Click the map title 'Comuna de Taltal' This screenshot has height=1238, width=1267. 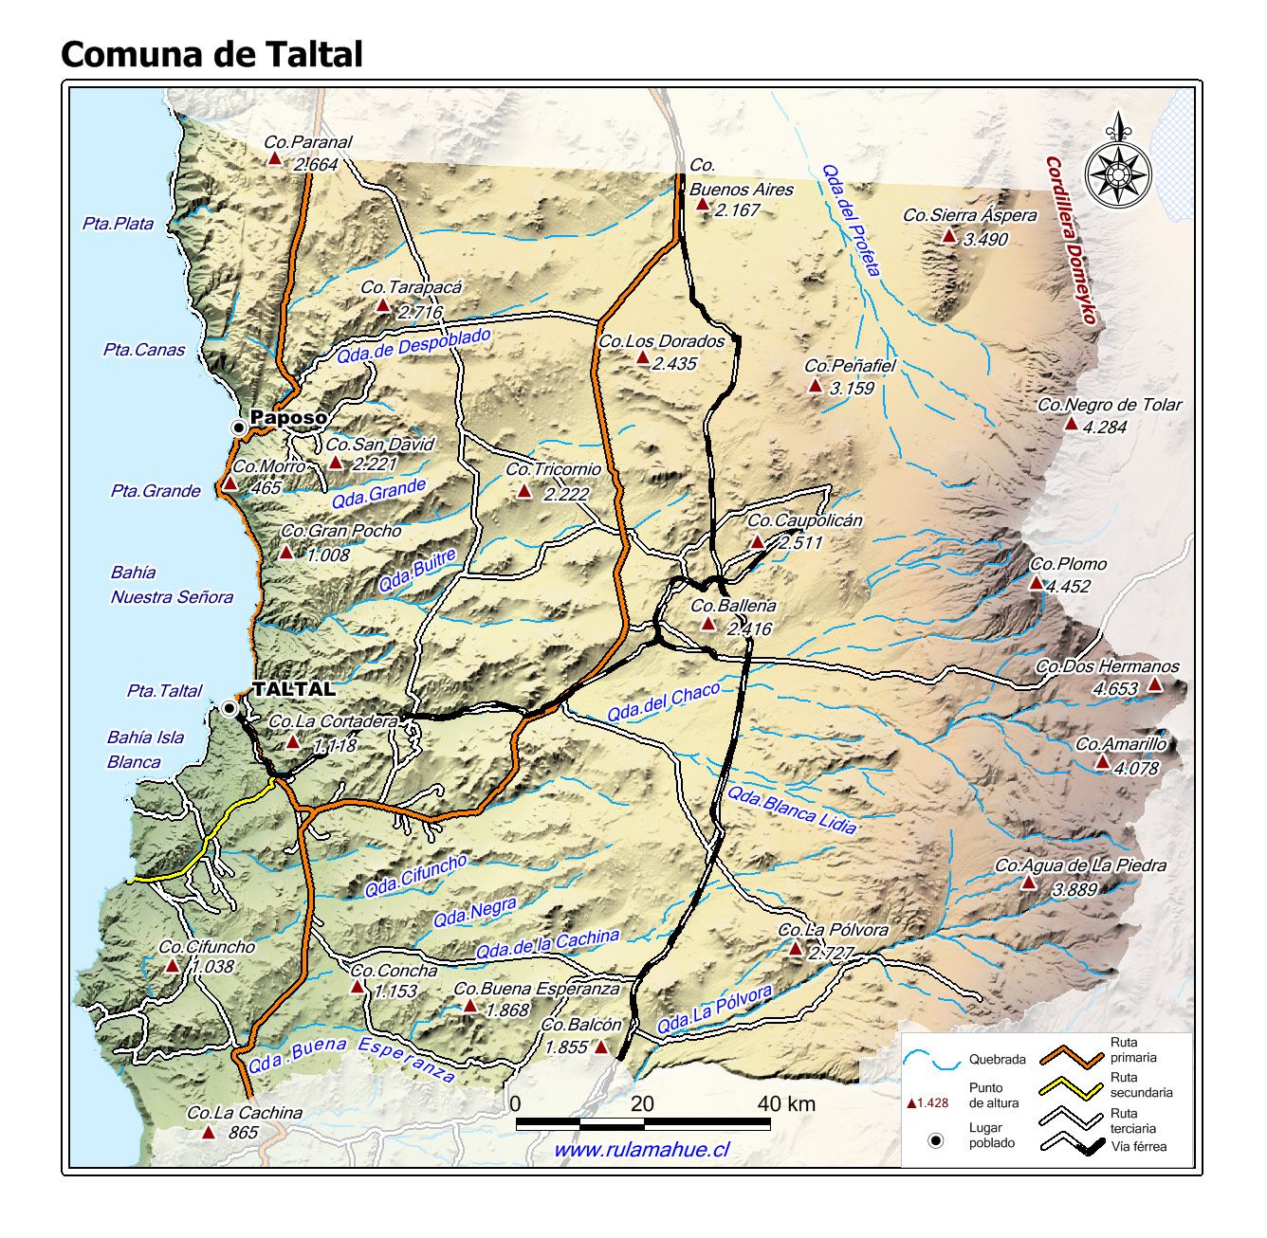tap(211, 54)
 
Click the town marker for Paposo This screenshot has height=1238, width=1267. tap(239, 428)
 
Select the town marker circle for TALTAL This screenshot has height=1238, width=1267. tap(230, 708)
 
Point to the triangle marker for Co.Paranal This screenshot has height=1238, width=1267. tap(275, 159)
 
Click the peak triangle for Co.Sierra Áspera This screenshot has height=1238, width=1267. tap(949, 235)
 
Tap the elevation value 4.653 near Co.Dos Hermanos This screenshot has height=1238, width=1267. tap(1115, 689)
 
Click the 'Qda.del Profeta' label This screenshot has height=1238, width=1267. tap(851, 220)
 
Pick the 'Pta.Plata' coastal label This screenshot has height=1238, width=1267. tap(118, 224)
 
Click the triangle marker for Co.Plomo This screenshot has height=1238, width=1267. tap(1037, 582)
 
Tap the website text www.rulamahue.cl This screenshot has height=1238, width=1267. tap(641, 1149)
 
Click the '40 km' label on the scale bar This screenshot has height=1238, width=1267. tap(786, 1103)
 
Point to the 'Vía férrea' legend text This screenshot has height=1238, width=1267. tap(1138, 1147)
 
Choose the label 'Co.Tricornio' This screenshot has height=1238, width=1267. tap(553, 469)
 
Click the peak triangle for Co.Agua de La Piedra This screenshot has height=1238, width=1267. tap(1028, 883)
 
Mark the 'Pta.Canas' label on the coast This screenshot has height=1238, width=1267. tap(144, 350)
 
